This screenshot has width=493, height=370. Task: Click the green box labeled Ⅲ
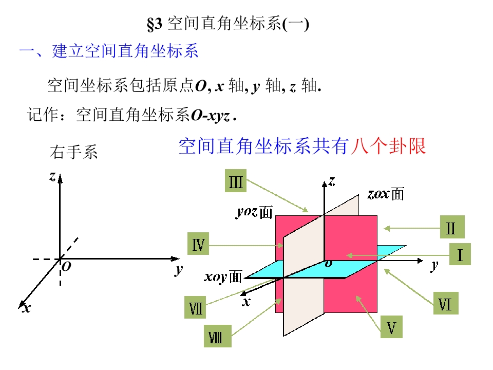click(x=236, y=181)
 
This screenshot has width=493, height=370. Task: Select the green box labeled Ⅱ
click(x=452, y=227)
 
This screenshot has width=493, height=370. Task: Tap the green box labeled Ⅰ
click(x=460, y=254)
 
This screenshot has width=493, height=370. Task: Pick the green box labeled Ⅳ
click(x=198, y=244)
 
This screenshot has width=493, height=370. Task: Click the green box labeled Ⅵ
click(x=446, y=303)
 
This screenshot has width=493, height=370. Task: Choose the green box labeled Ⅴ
click(x=391, y=327)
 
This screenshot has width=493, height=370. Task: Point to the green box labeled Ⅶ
click(x=195, y=307)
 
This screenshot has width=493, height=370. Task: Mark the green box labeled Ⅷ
click(x=218, y=336)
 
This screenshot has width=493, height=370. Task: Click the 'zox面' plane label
click(x=386, y=194)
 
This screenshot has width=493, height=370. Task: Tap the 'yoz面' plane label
click(x=254, y=212)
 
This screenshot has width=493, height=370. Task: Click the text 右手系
click(x=74, y=152)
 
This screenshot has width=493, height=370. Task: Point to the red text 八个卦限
click(x=389, y=146)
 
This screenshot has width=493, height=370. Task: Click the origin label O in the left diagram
click(x=66, y=267)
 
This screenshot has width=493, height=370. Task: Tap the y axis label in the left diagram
click(x=179, y=270)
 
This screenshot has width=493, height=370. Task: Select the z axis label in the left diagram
click(x=53, y=177)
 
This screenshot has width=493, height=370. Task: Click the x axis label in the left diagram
click(x=26, y=308)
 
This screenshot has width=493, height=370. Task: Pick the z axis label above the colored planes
click(x=332, y=181)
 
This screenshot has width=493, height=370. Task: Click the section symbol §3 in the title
click(x=155, y=24)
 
